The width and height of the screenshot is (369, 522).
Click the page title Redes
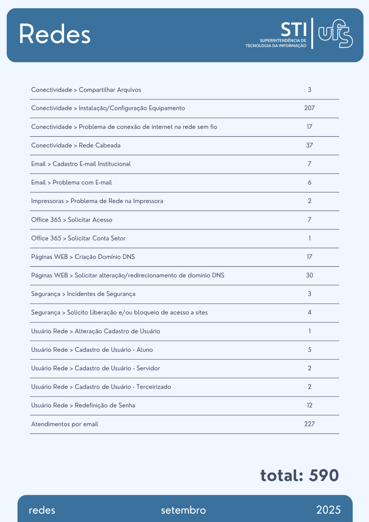point(54,34)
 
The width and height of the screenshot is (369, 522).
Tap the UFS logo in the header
point(335,34)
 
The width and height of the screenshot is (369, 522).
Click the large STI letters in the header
point(293,29)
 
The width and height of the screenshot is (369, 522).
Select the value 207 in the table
point(309,108)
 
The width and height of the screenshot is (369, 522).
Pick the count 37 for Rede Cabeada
point(309,145)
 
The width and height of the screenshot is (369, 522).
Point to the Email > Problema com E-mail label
point(71,182)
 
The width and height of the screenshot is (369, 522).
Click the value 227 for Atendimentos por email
point(309,424)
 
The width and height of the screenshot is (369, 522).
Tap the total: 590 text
point(299,475)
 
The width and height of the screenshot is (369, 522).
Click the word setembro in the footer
point(183,510)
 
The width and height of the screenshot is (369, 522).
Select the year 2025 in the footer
point(328,510)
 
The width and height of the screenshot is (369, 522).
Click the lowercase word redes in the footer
point(42,510)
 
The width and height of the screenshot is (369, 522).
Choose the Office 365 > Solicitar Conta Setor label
point(78,238)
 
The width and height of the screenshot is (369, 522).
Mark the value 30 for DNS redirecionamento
point(309,275)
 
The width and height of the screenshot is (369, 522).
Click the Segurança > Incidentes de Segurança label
point(83,294)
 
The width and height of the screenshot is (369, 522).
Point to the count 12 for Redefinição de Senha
point(309,405)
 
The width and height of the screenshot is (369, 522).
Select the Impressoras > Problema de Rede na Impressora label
point(97,201)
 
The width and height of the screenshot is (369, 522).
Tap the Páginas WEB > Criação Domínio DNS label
point(83,257)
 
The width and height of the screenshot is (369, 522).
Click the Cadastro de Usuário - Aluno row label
point(92,349)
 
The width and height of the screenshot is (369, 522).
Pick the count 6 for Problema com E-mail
point(309,182)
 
